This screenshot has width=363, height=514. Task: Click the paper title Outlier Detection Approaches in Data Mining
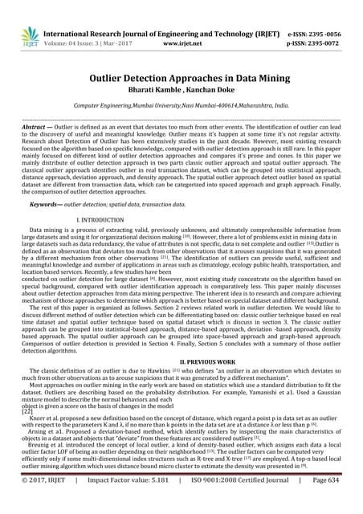(x=181, y=80)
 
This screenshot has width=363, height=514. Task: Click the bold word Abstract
(x=34, y=138)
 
